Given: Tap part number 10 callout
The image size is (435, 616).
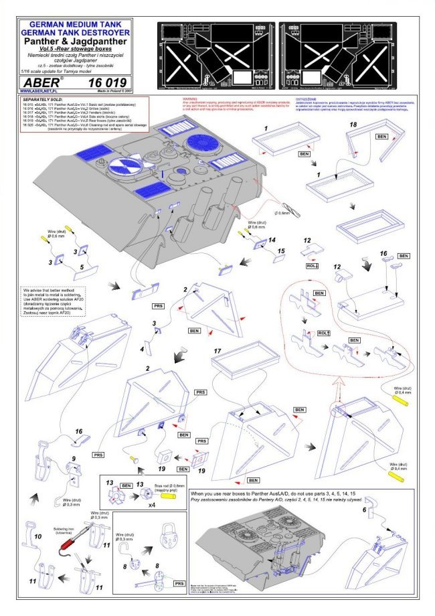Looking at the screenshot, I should pos(38,537).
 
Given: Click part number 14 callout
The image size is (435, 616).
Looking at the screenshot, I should pos(272,239).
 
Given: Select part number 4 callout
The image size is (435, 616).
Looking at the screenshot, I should pos(142,348).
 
